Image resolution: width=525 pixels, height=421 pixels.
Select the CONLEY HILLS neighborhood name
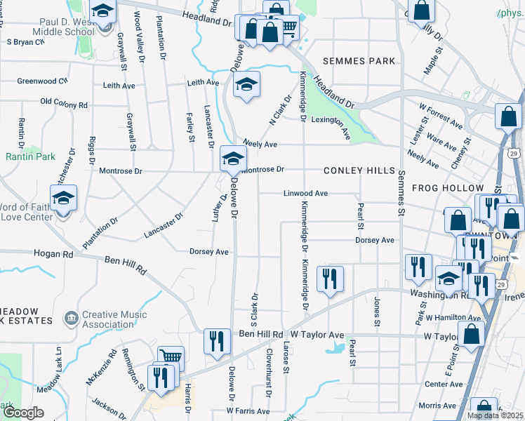(x=359, y=171)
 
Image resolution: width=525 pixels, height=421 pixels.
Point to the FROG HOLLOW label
(x=448, y=188)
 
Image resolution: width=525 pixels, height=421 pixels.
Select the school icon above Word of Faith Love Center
(x=64, y=199)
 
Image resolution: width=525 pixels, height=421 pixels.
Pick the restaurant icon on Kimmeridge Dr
(x=329, y=279)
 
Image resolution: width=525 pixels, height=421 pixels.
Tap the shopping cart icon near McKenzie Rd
(x=171, y=359)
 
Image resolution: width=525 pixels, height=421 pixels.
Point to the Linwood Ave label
(x=305, y=193)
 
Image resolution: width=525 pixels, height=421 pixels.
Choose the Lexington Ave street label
(x=331, y=124)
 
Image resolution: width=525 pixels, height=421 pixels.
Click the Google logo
(x=22, y=413)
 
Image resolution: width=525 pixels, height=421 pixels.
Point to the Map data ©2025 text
(x=494, y=415)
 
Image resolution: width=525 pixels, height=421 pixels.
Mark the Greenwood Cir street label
(x=42, y=81)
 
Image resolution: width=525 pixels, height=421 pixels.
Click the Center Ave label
(x=443, y=384)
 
